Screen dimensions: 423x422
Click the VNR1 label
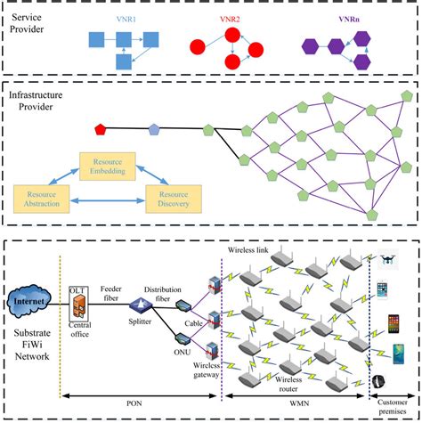click(x=127, y=17)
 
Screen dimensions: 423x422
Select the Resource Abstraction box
click(x=43, y=199)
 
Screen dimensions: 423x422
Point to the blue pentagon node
click(x=153, y=131)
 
